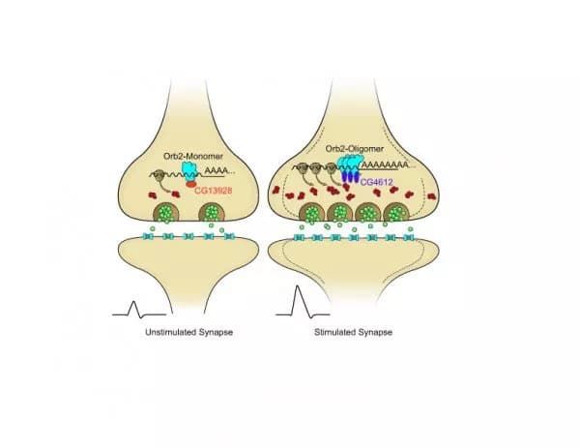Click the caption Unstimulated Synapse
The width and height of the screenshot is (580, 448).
pos(182,332)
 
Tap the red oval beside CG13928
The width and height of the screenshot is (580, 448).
pos(191,184)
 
